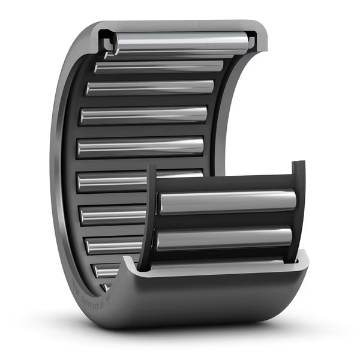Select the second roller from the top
(159, 67)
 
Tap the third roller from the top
(150, 88)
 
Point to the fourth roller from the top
(144, 115)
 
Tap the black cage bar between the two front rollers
(225, 221)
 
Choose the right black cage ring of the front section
(298, 210)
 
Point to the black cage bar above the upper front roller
(225, 183)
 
